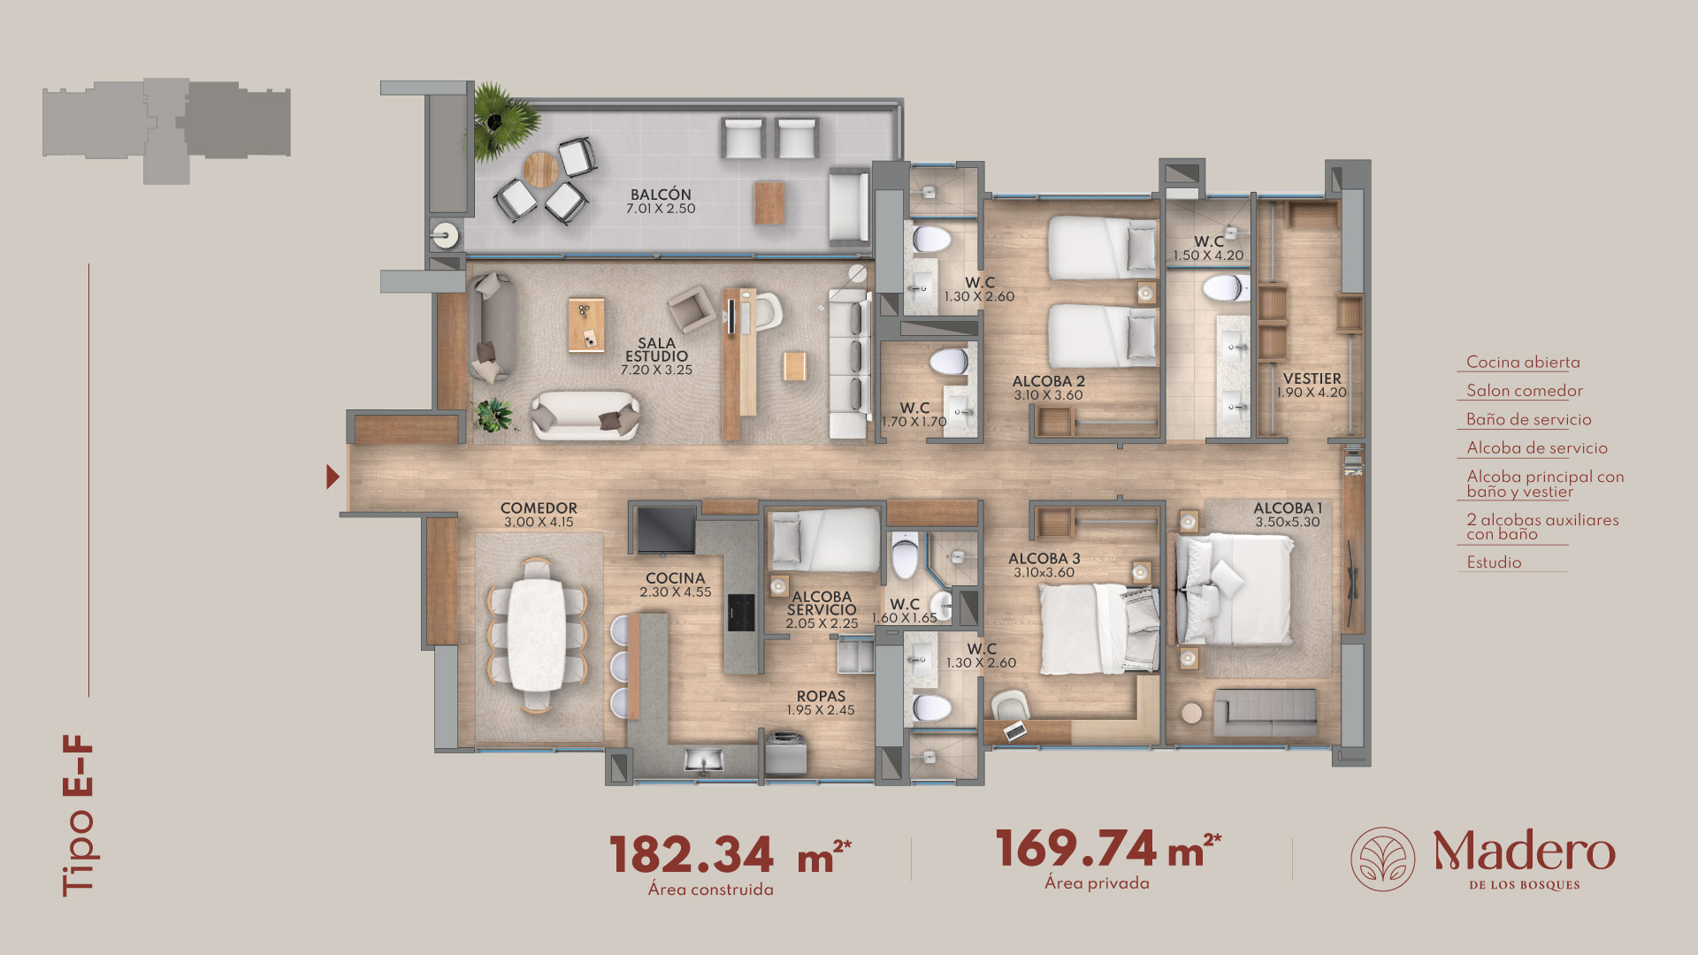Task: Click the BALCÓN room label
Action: (661, 195)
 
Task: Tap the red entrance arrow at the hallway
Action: (332, 477)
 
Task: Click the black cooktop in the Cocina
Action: (740, 613)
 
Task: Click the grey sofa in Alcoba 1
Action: (1266, 713)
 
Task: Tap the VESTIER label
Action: (1312, 378)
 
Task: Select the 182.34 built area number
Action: (691, 854)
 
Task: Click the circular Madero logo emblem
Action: (1382, 859)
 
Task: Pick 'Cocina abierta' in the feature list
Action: (1523, 362)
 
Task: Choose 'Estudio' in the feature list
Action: (1494, 562)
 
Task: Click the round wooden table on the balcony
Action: (540, 169)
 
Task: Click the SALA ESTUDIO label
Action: (656, 349)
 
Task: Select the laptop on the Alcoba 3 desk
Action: (1015, 730)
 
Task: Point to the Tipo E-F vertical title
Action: (78, 815)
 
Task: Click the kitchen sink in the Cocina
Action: (705, 759)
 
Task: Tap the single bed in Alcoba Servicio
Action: (825, 540)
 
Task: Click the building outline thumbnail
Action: (166, 131)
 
